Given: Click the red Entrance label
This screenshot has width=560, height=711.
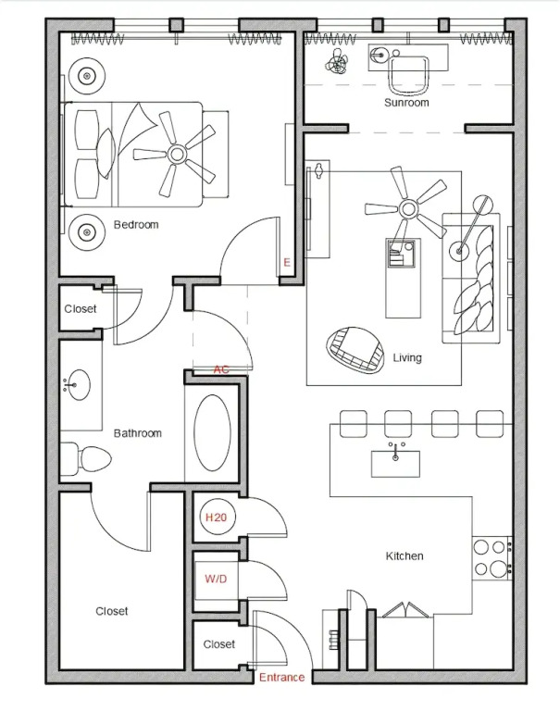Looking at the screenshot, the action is click(x=281, y=677).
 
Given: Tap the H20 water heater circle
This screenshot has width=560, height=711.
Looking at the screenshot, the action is click(x=216, y=517).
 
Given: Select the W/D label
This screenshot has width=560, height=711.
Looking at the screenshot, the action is click(x=216, y=579).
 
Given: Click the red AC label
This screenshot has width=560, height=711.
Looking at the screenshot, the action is click(x=221, y=369).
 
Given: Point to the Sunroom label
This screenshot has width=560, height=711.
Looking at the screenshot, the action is click(x=406, y=103).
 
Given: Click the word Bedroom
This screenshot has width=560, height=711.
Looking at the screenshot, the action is click(x=136, y=224).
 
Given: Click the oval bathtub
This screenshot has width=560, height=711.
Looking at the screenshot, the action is click(x=212, y=432).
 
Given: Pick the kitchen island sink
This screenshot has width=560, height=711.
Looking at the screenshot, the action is click(x=395, y=464).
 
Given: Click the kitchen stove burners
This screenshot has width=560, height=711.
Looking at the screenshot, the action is click(x=491, y=558).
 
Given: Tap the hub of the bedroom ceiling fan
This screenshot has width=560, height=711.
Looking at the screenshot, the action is click(x=177, y=155).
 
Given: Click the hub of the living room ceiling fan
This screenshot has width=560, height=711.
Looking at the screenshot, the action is click(x=408, y=209).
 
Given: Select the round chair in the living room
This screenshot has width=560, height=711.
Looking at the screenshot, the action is click(x=355, y=350).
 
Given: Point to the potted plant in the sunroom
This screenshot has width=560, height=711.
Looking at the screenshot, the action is click(x=337, y=61).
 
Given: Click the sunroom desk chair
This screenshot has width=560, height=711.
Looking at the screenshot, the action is click(x=408, y=75).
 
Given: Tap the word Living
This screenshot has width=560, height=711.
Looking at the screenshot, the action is click(x=407, y=357).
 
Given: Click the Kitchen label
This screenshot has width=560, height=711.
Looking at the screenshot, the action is click(x=404, y=555).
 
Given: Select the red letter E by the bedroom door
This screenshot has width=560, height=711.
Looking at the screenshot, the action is click(x=287, y=262).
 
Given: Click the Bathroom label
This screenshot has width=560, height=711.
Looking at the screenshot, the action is click(x=137, y=433).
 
